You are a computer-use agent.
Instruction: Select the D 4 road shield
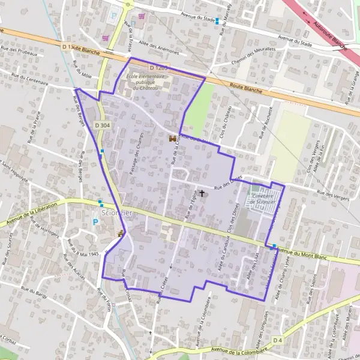click(x=277, y=340)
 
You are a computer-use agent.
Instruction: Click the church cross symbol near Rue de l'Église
click(x=202, y=193)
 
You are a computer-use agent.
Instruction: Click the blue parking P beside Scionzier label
click(x=95, y=221)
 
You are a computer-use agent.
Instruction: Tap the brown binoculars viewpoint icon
click(x=173, y=139)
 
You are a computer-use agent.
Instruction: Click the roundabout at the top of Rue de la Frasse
click(x=128, y=5)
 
